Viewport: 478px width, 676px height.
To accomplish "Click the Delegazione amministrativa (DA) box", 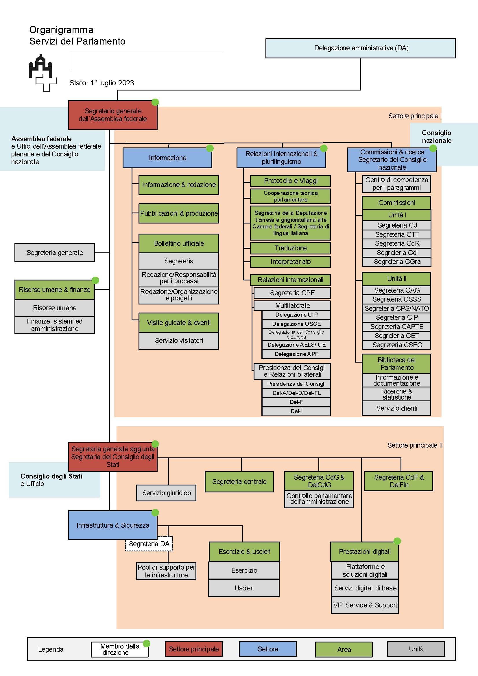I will click(x=361, y=48).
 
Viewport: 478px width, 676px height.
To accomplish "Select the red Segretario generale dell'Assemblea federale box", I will click(x=112, y=115).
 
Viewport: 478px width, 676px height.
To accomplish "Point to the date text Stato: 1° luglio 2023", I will click(x=101, y=83).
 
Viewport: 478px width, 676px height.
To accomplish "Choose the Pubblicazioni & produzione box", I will click(x=179, y=213).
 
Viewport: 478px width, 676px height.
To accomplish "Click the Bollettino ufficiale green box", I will click(x=179, y=243).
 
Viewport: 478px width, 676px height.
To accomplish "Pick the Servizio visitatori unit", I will click(x=179, y=341).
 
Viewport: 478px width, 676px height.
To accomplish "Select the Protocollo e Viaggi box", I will click(x=290, y=181).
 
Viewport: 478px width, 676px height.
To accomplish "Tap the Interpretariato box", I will click(x=290, y=262).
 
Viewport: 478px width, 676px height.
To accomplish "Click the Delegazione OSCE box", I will click(x=296, y=324).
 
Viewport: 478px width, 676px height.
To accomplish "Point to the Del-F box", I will click(x=296, y=402).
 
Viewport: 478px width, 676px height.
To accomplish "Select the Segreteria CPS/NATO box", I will click(x=396, y=309).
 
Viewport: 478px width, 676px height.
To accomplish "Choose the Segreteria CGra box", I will click(x=397, y=262).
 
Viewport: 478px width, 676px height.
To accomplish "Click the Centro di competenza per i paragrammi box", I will click(x=396, y=184).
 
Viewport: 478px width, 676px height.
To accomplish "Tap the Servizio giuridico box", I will click(x=166, y=493).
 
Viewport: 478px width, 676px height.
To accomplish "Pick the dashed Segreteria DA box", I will click(x=149, y=544).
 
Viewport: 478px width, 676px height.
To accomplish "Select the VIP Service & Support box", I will click(x=365, y=605).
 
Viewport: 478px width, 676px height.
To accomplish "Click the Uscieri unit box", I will click(x=244, y=588).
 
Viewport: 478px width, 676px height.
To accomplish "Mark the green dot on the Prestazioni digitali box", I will click(x=397, y=541).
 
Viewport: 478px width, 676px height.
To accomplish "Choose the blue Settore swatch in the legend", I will click(x=267, y=649).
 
